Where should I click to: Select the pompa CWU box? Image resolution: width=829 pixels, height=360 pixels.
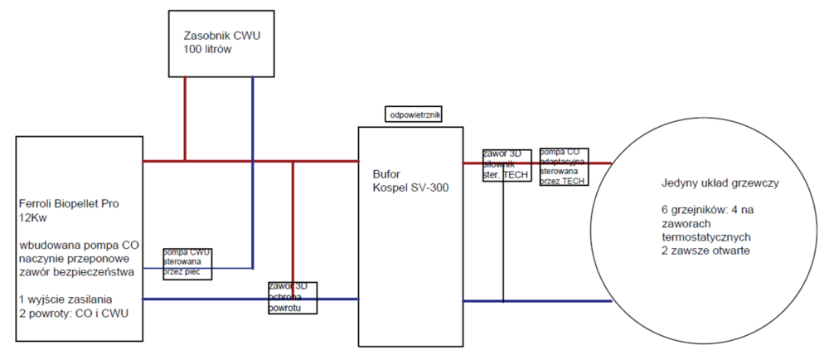(x=187, y=261)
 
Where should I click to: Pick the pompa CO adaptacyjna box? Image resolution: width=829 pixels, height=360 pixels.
(x=564, y=167)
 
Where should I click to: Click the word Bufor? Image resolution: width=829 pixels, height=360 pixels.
(x=386, y=175)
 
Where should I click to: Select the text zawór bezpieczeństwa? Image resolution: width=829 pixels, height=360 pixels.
(x=75, y=272)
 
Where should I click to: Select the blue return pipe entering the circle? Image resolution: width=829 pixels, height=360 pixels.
(x=539, y=301)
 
